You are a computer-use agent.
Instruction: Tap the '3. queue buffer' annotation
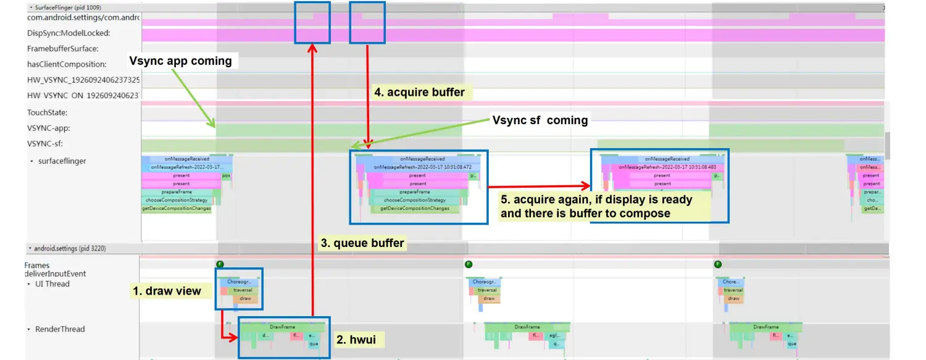pos(362,243)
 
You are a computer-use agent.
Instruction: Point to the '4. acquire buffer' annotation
pos(419,93)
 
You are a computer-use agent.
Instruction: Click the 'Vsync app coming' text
pos(180,61)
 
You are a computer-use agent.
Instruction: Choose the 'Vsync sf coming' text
pos(540,120)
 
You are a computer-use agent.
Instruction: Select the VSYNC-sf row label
pos(45,144)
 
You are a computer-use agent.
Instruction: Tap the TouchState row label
pos(47,112)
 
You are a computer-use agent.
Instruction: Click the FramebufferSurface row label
pos(62,49)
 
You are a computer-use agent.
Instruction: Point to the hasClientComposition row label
pos(67,64)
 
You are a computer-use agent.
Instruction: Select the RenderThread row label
pos(59,329)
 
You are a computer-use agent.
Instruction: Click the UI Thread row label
pos(52,284)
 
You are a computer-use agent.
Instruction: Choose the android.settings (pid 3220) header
pos(69,248)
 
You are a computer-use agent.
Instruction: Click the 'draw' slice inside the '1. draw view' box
pos(245,299)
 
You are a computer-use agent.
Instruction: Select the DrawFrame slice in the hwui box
pos(282,327)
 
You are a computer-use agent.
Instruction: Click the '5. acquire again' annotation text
pos(596,206)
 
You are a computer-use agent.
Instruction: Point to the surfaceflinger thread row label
pos(61,161)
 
